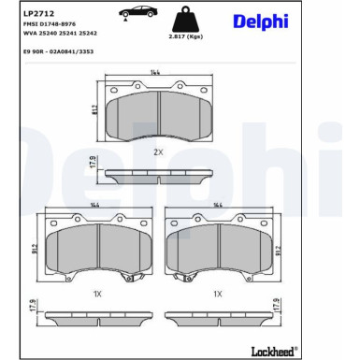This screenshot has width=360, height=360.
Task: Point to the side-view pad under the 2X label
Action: (159, 176)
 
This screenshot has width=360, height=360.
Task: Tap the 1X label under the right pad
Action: (218, 294)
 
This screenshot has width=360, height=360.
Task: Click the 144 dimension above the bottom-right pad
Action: (218, 205)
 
